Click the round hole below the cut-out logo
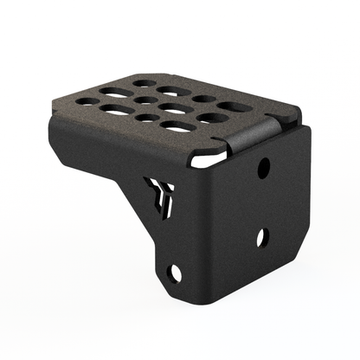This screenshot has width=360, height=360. click(176, 273)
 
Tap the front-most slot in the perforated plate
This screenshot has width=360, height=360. click(178, 126)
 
